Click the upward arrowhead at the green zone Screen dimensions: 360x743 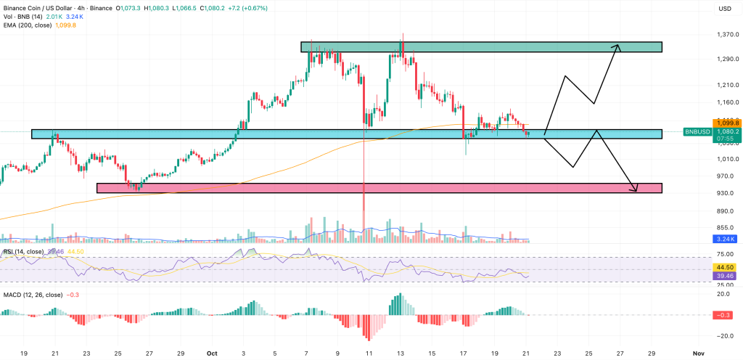[617, 48]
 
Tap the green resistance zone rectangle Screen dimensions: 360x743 [481, 47]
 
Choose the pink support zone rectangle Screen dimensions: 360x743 [379, 188]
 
